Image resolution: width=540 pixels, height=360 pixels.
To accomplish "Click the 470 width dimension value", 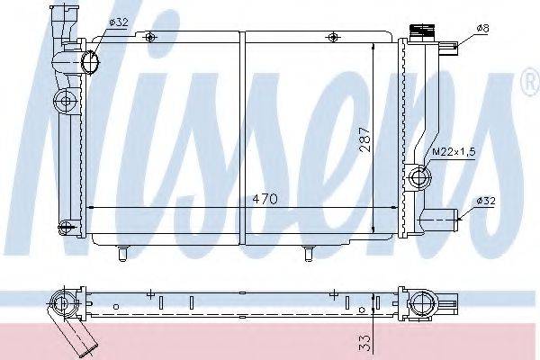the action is [265, 199].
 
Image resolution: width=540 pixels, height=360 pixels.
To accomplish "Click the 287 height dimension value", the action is [364, 139].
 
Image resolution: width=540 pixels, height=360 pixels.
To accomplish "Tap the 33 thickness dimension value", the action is [365, 343].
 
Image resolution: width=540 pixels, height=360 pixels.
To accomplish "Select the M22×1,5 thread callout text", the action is [454, 151].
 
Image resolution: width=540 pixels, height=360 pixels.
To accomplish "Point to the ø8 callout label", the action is [482, 28].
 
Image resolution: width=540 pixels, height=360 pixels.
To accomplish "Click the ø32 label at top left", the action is [119, 22].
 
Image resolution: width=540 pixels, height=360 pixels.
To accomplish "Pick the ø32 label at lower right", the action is [486, 201].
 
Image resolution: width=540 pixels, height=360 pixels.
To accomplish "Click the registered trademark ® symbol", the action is [532, 84].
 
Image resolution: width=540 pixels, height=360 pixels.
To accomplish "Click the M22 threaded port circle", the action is [419, 177].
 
